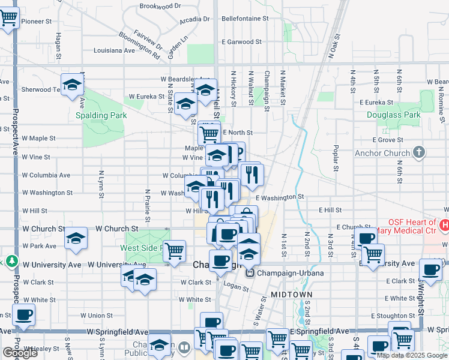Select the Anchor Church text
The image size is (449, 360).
point(381,153)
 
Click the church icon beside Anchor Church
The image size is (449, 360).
point(419,152)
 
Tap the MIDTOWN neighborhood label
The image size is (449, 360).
point(291,295)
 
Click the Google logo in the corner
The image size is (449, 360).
point(20,353)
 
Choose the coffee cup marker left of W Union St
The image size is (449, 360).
point(23,314)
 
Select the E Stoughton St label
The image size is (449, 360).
point(393,316)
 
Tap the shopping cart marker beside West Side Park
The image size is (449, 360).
point(174,250)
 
